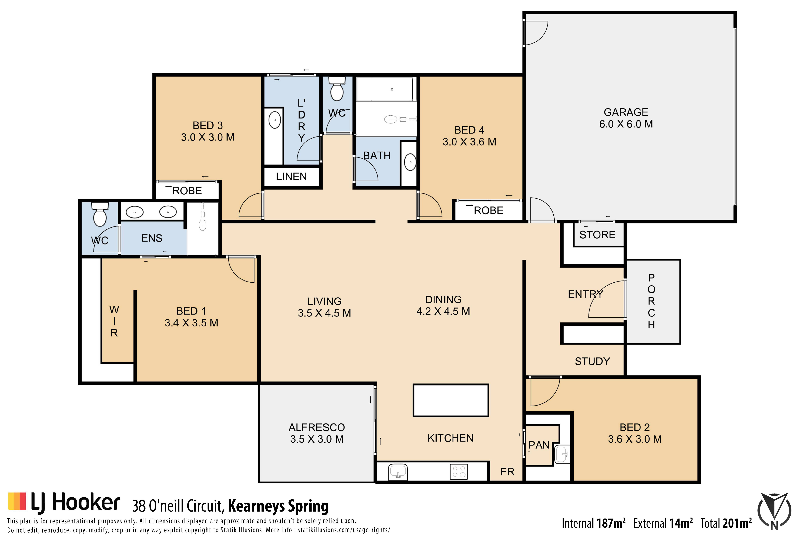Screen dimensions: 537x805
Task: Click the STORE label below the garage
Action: pyautogui.click(x=597, y=235)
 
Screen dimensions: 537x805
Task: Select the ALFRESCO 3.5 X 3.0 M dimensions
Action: pyautogui.click(x=317, y=439)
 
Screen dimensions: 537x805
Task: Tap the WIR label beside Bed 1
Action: pyautogui.click(x=114, y=321)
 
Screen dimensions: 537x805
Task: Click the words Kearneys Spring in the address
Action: pyautogui.click(x=278, y=506)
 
